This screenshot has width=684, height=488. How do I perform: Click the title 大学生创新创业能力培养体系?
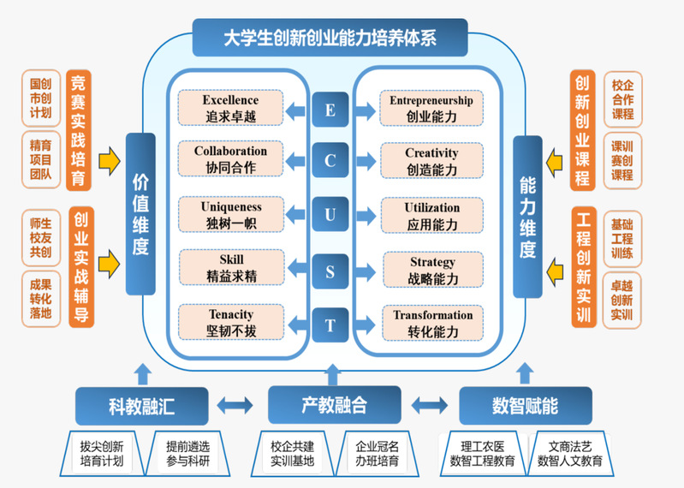330,39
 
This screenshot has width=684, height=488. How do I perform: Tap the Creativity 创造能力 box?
431,161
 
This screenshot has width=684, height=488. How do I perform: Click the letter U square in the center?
330,215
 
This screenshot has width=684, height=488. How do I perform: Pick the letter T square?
330,325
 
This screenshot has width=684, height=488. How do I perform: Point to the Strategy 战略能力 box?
433,270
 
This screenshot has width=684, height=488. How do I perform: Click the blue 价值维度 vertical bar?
140,215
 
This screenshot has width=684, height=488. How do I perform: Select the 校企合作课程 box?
622,100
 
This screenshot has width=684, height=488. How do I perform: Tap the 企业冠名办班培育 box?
377,454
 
